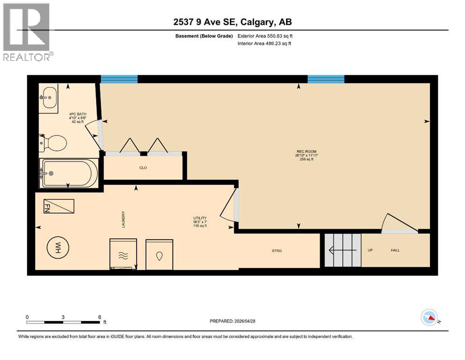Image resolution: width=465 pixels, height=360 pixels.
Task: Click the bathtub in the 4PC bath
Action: click(x=69, y=173)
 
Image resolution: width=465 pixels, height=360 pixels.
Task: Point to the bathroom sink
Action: click(x=48, y=97)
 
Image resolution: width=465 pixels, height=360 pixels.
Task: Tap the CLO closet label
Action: click(x=143, y=167)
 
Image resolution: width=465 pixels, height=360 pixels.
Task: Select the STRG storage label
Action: click(x=277, y=250)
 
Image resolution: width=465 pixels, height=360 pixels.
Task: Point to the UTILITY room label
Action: click(x=200, y=218)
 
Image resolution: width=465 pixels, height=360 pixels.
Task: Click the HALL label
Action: click(x=395, y=250)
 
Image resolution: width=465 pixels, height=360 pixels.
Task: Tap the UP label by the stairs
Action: click(x=370, y=250)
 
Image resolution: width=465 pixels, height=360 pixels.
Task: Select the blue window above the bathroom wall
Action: click(x=119, y=79)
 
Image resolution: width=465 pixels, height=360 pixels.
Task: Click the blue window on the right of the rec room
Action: click(x=325, y=79)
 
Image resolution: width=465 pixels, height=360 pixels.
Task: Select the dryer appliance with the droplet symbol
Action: click(x=159, y=255)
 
